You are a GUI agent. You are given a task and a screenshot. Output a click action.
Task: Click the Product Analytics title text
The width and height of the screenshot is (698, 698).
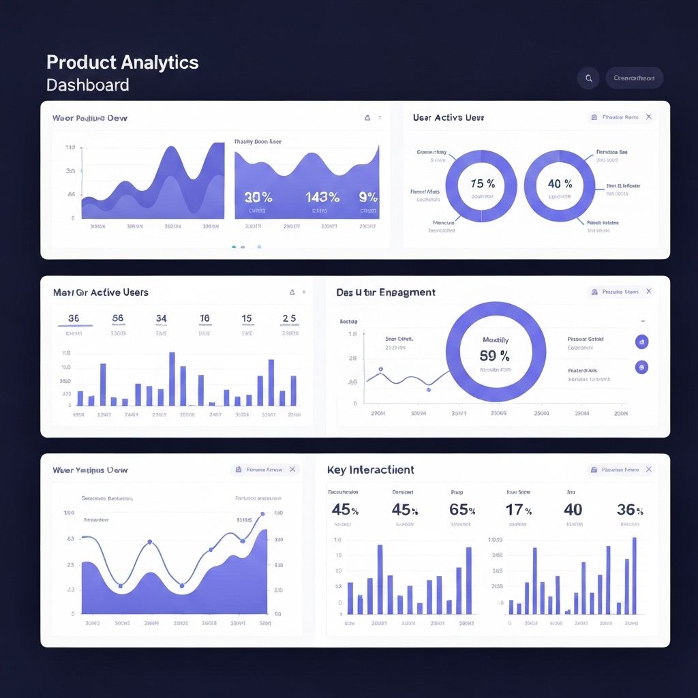coord(122,63)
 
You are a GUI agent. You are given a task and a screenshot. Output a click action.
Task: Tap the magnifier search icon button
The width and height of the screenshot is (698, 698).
coord(588,78)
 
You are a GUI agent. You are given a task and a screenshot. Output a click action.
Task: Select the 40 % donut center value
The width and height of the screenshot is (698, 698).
coord(560,183)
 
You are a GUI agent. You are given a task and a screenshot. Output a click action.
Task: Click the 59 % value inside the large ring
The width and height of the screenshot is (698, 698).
coord(495,355)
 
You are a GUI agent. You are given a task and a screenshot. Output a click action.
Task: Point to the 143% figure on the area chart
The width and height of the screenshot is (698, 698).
coord(322,197)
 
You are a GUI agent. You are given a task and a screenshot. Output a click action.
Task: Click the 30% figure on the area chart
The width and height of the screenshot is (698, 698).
coord(258,197)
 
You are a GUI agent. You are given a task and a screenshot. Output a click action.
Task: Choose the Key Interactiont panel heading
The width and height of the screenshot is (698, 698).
coord(370,470)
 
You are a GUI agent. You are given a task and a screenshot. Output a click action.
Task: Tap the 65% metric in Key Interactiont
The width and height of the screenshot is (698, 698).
coord(462,509)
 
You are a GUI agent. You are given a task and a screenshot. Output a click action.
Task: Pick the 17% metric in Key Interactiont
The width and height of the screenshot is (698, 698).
coord(519,509)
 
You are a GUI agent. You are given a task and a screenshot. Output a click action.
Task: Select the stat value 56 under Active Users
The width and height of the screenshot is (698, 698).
coord(118,318)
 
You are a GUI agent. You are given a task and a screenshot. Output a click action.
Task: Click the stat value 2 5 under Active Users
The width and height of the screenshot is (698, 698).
coord(289,318)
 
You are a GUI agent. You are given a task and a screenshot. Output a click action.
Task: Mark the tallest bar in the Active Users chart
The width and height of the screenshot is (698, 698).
coord(172,379)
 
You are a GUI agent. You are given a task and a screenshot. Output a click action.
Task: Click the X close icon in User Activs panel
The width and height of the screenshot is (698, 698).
coord(649,117)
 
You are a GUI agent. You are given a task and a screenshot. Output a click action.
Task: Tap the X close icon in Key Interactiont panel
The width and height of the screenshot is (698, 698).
coord(649,470)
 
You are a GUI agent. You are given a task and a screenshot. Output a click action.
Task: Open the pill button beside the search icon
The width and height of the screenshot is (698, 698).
coord(634,78)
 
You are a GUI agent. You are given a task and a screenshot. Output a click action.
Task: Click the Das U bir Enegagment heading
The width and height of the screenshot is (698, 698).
coord(386,292)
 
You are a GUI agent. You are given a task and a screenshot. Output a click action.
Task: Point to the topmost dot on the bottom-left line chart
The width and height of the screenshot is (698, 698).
coord(262,515)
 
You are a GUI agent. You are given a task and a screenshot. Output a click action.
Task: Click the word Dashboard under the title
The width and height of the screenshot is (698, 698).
coord(87,85)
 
